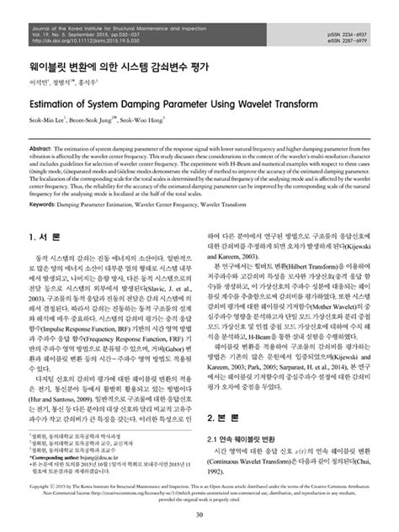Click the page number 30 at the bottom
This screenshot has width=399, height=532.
coord(199,516)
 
